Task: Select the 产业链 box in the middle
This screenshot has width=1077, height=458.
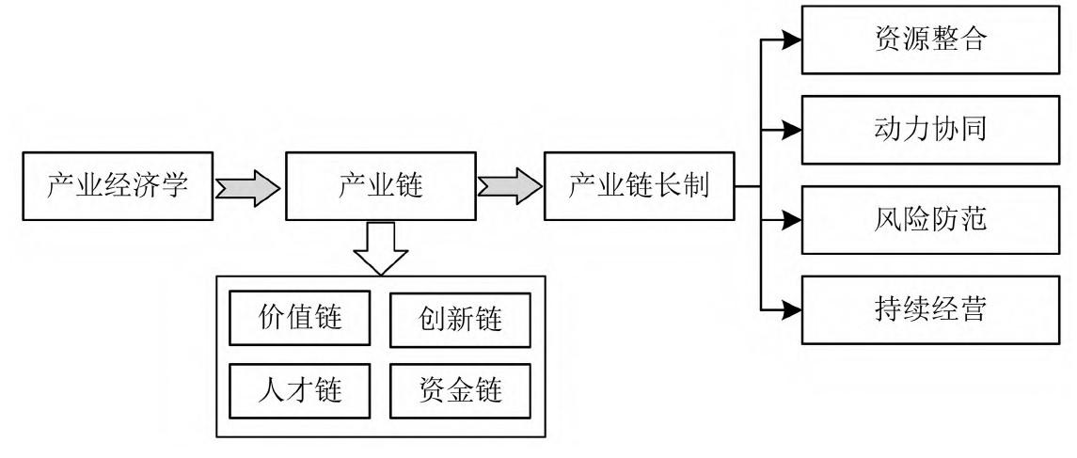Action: (x=380, y=186)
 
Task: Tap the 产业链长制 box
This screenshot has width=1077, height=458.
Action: (x=639, y=186)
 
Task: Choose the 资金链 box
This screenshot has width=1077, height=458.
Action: (x=459, y=387)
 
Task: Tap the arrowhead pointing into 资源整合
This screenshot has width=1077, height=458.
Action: (x=791, y=40)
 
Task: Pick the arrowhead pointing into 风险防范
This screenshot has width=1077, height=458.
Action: (x=791, y=221)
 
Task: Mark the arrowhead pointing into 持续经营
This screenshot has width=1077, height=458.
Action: (x=791, y=310)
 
